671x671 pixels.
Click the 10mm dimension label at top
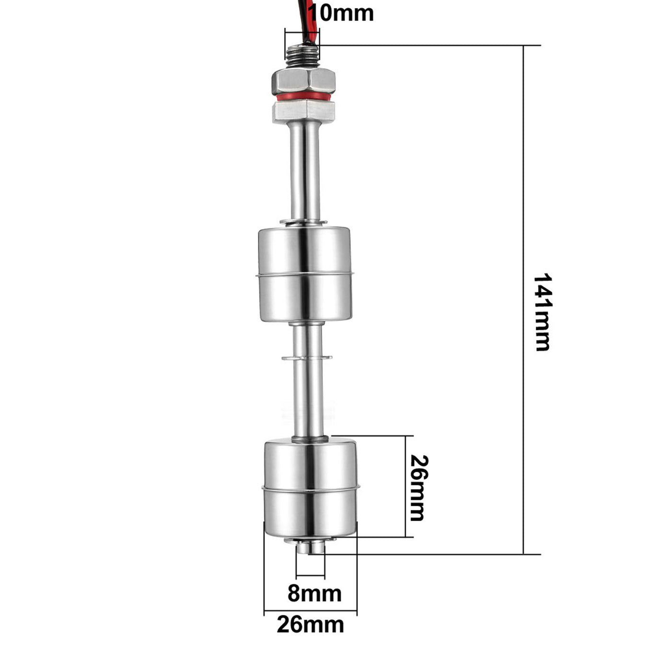point(344,12)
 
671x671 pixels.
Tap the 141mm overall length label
point(543,312)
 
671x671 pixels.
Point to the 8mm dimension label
point(314,594)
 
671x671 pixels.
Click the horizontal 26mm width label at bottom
point(310,625)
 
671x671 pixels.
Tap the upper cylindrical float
point(305,274)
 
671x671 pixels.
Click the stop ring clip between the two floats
point(307,358)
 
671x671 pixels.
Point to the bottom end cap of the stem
point(310,546)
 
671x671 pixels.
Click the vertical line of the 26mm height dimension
point(406,486)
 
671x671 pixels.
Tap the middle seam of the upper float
point(305,276)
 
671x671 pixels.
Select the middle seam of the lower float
point(310,488)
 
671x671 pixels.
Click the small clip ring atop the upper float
point(303,222)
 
